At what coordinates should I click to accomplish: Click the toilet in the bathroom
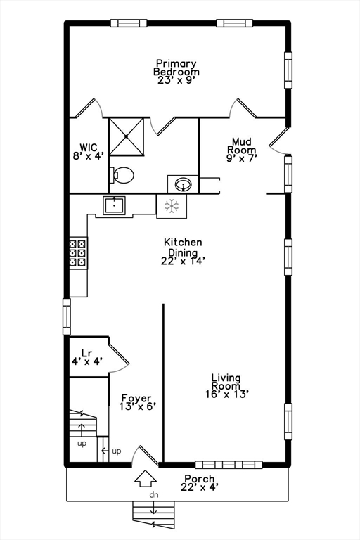[x=122, y=175]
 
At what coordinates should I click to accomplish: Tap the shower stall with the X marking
[x=127, y=136]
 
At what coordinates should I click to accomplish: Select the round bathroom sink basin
[x=184, y=184]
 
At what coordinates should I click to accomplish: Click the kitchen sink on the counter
[x=114, y=205]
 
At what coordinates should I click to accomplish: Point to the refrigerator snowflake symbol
[x=172, y=206]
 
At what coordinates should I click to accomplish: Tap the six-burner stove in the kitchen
[x=77, y=253]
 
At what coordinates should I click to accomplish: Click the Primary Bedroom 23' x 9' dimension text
[x=176, y=80]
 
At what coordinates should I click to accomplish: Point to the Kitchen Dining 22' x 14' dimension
[x=184, y=261]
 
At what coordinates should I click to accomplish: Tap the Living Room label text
[x=226, y=382]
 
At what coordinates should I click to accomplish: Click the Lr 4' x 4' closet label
[x=86, y=356]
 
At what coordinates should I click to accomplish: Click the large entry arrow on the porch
[x=146, y=478]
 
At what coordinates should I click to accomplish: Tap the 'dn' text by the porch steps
[x=154, y=495]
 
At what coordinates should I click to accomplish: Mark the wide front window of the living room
[x=229, y=465]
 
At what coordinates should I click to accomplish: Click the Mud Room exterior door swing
[x=280, y=141]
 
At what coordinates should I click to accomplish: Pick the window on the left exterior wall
[x=67, y=316]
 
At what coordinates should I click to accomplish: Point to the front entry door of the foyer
[x=146, y=456]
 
